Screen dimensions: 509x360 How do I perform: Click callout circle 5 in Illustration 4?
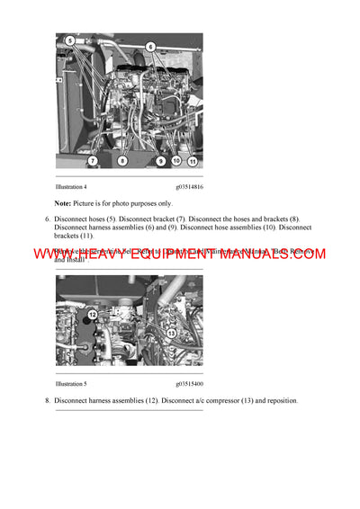pyautogui.click(x=69, y=41)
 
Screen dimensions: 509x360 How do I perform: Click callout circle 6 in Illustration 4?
pyautogui.click(x=150, y=46)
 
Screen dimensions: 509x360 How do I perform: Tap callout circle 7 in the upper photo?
pyautogui.click(x=92, y=161)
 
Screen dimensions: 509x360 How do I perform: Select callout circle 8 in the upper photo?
pyautogui.click(x=123, y=162)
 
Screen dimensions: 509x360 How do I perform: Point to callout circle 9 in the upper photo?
pyautogui.click(x=160, y=162)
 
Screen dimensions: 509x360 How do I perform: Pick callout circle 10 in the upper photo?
pyautogui.click(x=176, y=162)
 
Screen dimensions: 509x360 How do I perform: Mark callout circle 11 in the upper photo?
pyautogui.click(x=193, y=162)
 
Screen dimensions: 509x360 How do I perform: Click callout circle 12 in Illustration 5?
pyautogui.click(x=91, y=316)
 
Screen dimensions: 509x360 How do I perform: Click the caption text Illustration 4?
pyautogui.click(x=71, y=186)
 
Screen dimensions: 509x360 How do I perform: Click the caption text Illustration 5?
pyautogui.click(x=71, y=383)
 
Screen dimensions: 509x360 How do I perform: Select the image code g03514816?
pyautogui.click(x=188, y=186)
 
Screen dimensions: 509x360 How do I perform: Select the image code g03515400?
pyautogui.click(x=188, y=383)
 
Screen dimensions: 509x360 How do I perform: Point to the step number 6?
pyautogui.click(x=47, y=219)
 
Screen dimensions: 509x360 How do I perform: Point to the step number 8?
pyautogui.click(x=47, y=400)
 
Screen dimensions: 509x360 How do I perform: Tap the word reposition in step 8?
pyautogui.click(x=277, y=400)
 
